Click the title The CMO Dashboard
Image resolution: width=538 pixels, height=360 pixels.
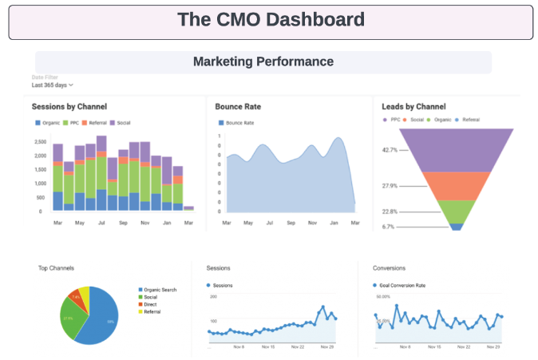click(x=271, y=20)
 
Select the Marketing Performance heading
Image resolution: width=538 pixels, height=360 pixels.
click(x=263, y=61)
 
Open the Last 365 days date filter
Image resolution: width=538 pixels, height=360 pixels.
click(x=52, y=84)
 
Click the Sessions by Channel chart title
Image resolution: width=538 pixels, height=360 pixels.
click(x=69, y=106)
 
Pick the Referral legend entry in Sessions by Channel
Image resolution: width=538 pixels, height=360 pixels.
click(x=96, y=123)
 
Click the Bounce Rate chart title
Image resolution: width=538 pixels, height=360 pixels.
click(x=239, y=106)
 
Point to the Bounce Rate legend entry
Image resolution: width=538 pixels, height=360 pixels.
click(x=236, y=123)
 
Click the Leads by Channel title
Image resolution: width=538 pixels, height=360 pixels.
click(x=413, y=106)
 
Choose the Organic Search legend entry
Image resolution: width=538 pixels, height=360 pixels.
click(x=161, y=290)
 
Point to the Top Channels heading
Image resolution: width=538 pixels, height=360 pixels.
click(x=56, y=268)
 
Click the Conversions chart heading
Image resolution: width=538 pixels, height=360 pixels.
click(x=389, y=268)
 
